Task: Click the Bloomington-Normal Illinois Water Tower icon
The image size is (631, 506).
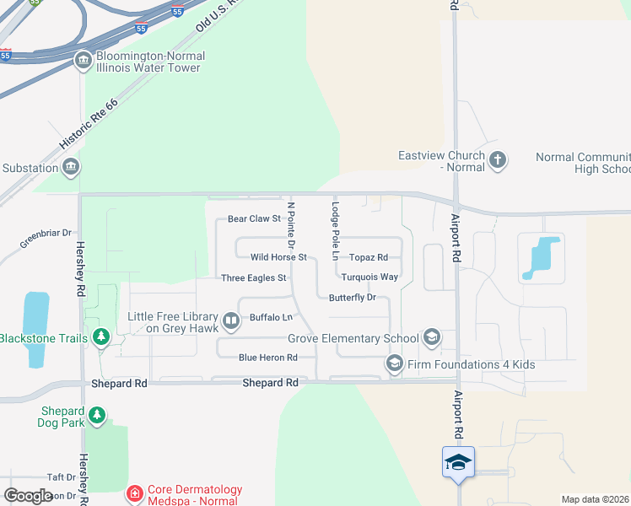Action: pyautogui.click(x=84, y=61)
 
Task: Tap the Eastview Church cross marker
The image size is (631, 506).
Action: pyautogui.click(x=498, y=160)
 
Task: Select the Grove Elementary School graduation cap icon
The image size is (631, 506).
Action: pyautogui.click(x=432, y=338)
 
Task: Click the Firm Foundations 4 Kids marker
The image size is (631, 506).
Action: pyautogui.click(x=394, y=364)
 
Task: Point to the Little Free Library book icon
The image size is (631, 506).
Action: pyautogui.click(x=231, y=321)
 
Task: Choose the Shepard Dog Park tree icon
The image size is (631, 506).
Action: pyautogui.click(x=98, y=416)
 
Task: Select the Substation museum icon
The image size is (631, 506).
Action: pyautogui.click(x=71, y=167)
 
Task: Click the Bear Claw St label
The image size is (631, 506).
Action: pyautogui.click(x=254, y=219)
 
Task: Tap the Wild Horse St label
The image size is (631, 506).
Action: pyautogui.click(x=278, y=257)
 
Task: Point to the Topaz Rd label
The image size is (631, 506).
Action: pyautogui.click(x=369, y=257)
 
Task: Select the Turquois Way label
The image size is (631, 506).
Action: pyautogui.click(x=370, y=277)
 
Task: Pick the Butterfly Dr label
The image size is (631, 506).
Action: pyautogui.click(x=352, y=298)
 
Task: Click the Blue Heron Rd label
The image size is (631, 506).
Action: pyautogui.click(x=268, y=358)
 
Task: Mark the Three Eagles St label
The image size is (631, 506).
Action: pyautogui.click(x=254, y=277)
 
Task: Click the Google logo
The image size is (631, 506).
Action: pyautogui.click(x=28, y=496)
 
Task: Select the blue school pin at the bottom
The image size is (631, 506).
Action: pyautogui.click(x=458, y=463)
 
